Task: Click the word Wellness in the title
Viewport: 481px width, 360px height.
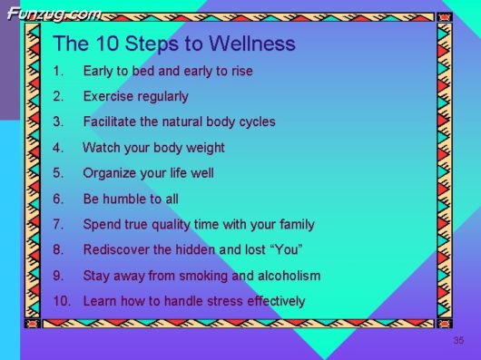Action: coord(252,44)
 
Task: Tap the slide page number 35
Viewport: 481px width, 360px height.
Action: coord(458,340)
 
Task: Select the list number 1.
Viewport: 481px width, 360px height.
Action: coord(59,71)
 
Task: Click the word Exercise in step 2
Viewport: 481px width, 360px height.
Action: coord(108,96)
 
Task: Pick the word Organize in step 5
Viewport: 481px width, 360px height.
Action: coord(111,173)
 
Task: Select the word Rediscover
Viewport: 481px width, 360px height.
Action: coord(116,249)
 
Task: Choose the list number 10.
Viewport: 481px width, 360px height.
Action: coord(62,301)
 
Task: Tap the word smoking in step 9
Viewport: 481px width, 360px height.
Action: coord(203,276)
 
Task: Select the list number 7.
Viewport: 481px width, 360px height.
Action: coord(59,224)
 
